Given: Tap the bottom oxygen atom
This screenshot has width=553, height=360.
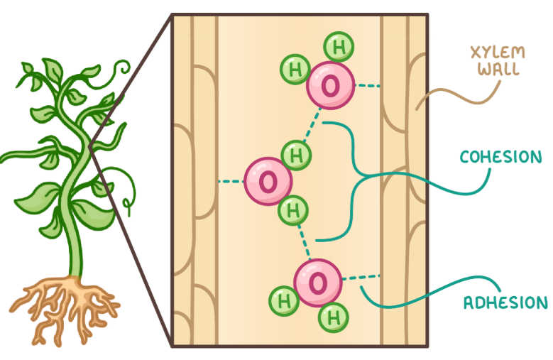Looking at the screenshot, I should (x=317, y=283).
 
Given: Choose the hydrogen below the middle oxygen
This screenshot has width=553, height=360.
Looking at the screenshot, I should (x=292, y=210).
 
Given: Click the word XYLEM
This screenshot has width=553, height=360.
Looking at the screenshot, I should (x=489, y=53).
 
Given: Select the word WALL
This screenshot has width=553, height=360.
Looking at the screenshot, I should (x=489, y=70).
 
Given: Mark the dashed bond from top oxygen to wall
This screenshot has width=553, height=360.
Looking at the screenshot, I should (x=367, y=87).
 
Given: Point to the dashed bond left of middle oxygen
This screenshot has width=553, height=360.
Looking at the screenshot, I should (x=230, y=182).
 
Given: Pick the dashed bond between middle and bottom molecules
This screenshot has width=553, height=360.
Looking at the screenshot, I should (x=305, y=239).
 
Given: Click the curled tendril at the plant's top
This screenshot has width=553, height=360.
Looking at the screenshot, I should (x=121, y=67).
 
